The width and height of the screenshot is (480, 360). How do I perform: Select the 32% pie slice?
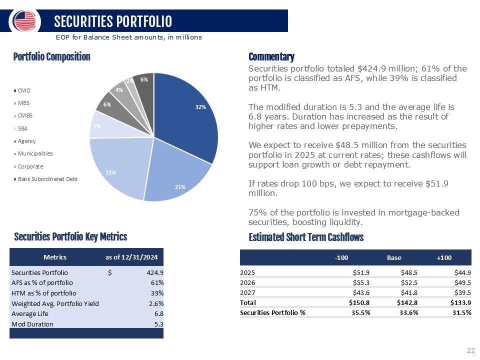coord(190,115)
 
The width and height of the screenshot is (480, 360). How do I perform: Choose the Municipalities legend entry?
coord(35,153)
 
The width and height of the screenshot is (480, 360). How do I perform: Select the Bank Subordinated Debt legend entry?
coord(47,179)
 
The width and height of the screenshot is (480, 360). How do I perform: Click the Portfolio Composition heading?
coord(52,57)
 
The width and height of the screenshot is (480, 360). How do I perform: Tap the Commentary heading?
coord(271,57)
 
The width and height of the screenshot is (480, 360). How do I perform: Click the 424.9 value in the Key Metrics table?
coord(154,273)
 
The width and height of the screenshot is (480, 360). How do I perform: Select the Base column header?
coord(394,257)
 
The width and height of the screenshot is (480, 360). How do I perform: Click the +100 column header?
coord(444,257)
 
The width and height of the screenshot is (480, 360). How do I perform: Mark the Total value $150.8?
coord(359,302)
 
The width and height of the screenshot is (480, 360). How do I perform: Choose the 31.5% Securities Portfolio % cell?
coord(460,312)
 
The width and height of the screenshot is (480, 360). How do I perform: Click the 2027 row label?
coord(247,292)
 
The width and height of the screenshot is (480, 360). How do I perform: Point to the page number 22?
coord(470,351)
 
